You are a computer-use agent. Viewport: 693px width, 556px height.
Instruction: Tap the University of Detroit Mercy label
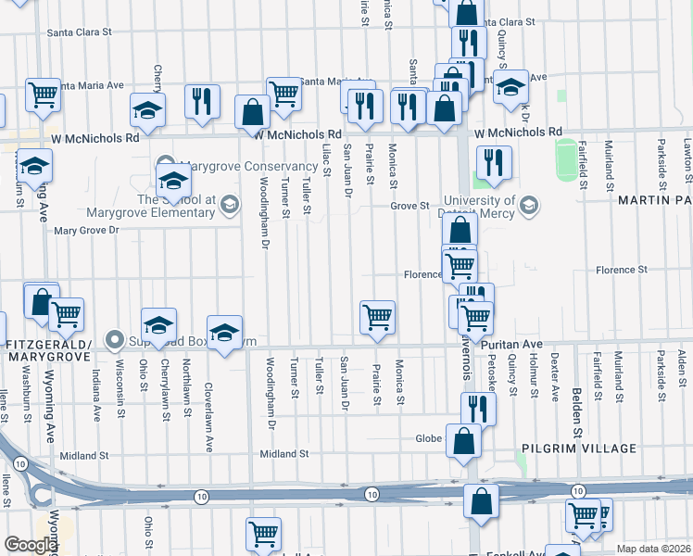(478, 207)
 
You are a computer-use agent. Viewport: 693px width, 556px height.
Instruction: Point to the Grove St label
(409, 206)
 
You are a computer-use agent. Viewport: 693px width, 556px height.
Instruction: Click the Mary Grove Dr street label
(89, 231)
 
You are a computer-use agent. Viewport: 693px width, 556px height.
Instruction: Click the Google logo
(31, 545)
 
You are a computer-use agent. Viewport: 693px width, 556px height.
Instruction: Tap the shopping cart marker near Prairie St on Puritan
(377, 317)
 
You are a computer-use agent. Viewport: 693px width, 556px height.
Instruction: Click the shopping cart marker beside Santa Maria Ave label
(283, 93)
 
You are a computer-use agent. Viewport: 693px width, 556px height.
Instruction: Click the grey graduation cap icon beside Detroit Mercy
(529, 204)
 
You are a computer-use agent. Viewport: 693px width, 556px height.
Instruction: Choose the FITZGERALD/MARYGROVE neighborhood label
(46, 344)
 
